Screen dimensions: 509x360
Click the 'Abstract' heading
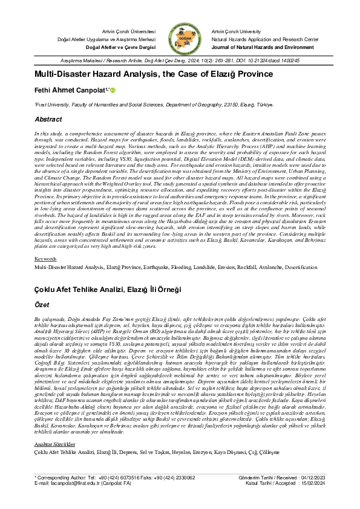coord(48,120)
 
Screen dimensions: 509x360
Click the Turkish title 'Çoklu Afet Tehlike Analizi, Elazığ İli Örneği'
coord(108,290)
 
